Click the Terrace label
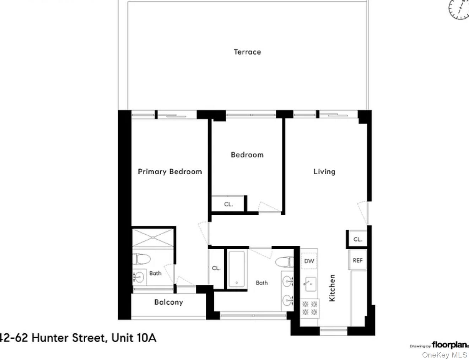point(247,52)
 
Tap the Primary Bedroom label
point(170,171)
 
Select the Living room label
point(324,171)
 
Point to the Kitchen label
point(332,288)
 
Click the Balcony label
point(168,302)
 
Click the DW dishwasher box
point(309,261)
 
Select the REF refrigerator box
point(357,260)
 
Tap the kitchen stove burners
point(309,308)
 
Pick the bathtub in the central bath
point(236,269)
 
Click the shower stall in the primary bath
point(153,238)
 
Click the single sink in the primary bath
point(139,276)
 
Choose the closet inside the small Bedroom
point(228,204)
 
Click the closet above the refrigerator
point(357,239)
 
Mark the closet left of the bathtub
point(216,268)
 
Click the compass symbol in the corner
point(459,9)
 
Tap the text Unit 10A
point(134,338)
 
